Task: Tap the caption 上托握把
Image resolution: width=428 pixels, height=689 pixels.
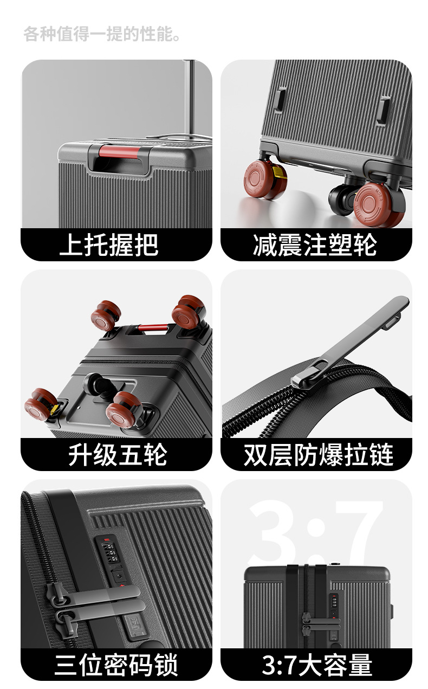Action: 109,245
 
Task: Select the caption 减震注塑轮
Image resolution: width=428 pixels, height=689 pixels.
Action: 315,245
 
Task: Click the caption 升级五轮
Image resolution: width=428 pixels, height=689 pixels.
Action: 118,455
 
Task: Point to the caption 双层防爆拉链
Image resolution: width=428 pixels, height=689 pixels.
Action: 319,455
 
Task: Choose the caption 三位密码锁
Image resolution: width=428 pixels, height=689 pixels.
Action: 116,665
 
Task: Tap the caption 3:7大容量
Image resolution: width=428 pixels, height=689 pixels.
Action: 317,665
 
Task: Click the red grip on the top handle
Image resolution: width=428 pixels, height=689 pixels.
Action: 120,152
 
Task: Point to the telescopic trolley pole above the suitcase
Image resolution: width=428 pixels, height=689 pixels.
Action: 191,99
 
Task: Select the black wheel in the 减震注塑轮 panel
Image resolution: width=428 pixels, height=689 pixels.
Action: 341,199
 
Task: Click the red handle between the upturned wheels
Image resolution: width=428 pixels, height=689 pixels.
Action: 153,327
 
